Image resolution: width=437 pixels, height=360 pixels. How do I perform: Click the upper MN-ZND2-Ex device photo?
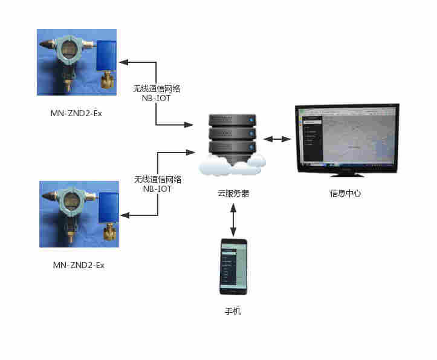coord(77,62)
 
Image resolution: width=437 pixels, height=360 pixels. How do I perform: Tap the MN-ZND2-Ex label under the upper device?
coord(76,113)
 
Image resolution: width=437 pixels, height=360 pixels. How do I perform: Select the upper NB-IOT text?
coord(156,98)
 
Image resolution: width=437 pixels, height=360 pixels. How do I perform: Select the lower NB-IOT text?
coord(157,189)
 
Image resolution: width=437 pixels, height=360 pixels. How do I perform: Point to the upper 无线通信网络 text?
coord(157,88)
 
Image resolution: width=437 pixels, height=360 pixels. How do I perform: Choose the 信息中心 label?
coord(346,194)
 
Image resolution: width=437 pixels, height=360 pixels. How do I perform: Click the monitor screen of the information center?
coord(346,137)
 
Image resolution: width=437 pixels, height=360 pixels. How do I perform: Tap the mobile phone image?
coord(233,266)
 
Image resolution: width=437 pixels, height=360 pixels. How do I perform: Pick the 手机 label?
coord(233,312)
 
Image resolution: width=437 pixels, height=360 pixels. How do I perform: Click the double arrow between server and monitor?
coord(277,139)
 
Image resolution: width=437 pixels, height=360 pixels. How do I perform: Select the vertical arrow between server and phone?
coord(233,221)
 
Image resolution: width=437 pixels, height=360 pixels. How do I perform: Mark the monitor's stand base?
coord(346,175)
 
